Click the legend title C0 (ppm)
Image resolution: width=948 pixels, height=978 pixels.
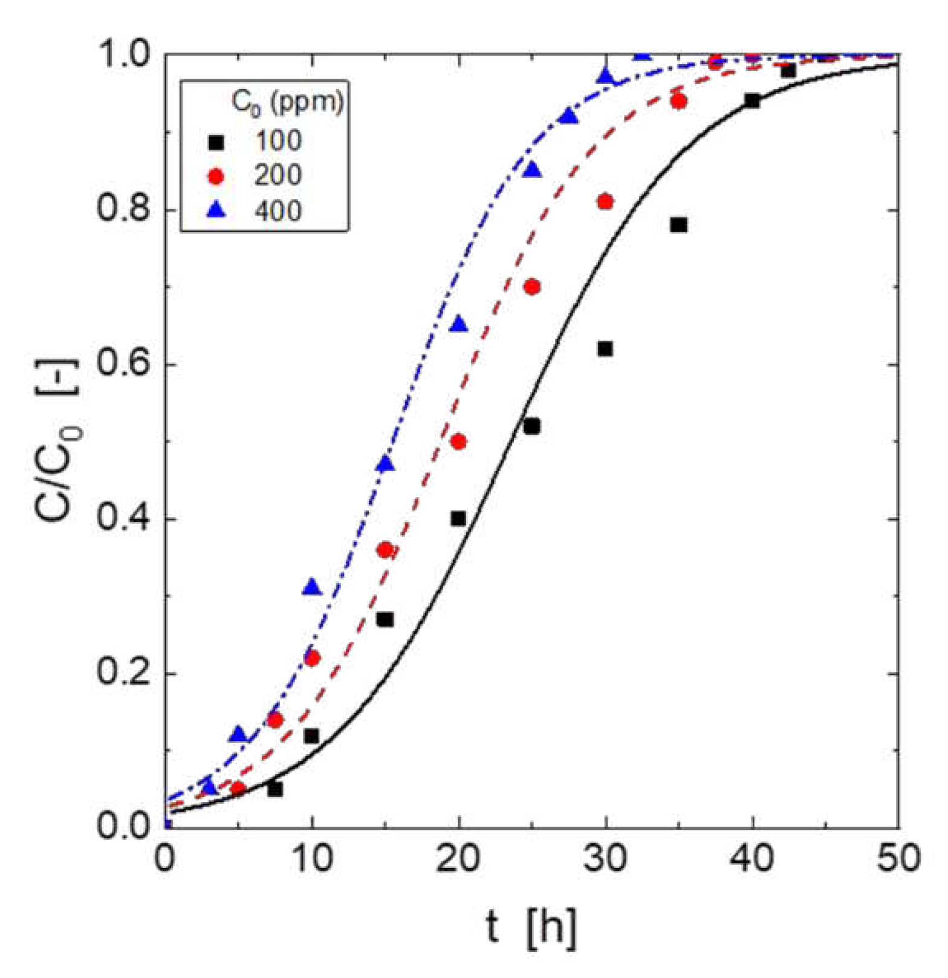288,102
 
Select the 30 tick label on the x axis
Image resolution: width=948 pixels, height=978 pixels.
605,857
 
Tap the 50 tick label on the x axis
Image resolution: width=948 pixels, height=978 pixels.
898,857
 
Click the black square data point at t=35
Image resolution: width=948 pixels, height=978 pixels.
678,225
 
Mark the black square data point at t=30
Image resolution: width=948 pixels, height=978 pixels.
605,349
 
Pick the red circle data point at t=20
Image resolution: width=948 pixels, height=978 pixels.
459,442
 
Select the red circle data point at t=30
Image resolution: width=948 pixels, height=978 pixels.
605,202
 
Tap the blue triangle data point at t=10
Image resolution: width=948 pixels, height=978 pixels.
312,587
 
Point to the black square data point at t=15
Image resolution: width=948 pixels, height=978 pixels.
385,619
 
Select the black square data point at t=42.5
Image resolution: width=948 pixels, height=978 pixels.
788,71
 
